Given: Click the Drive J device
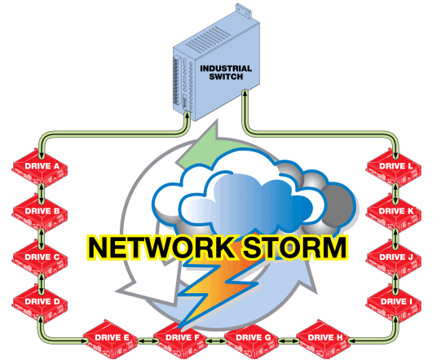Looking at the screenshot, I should (x=395, y=259).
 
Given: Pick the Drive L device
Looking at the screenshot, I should (x=395, y=168).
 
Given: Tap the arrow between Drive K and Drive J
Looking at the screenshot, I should (x=395, y=236).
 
